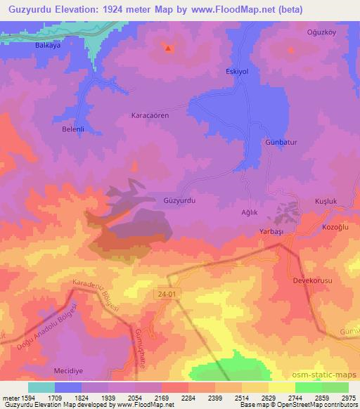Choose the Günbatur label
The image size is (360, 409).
(281, 142)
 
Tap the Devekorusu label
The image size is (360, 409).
(312, 280)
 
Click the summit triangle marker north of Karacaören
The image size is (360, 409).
(168, 48)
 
